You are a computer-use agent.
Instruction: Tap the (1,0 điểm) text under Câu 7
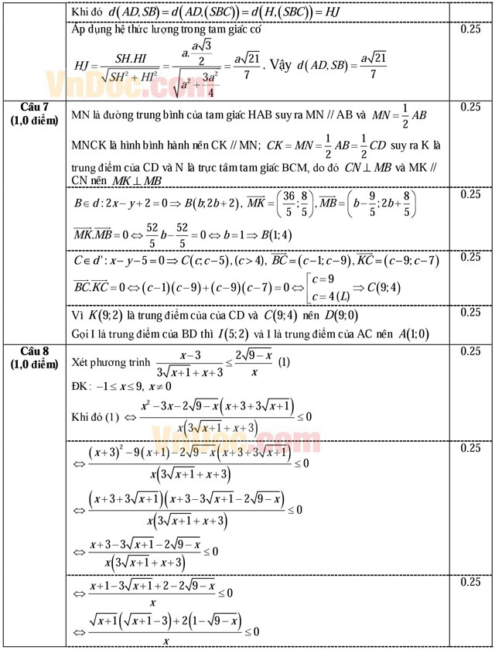33,121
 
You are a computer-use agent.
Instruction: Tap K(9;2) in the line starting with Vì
104,315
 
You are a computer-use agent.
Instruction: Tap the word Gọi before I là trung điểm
81,334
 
